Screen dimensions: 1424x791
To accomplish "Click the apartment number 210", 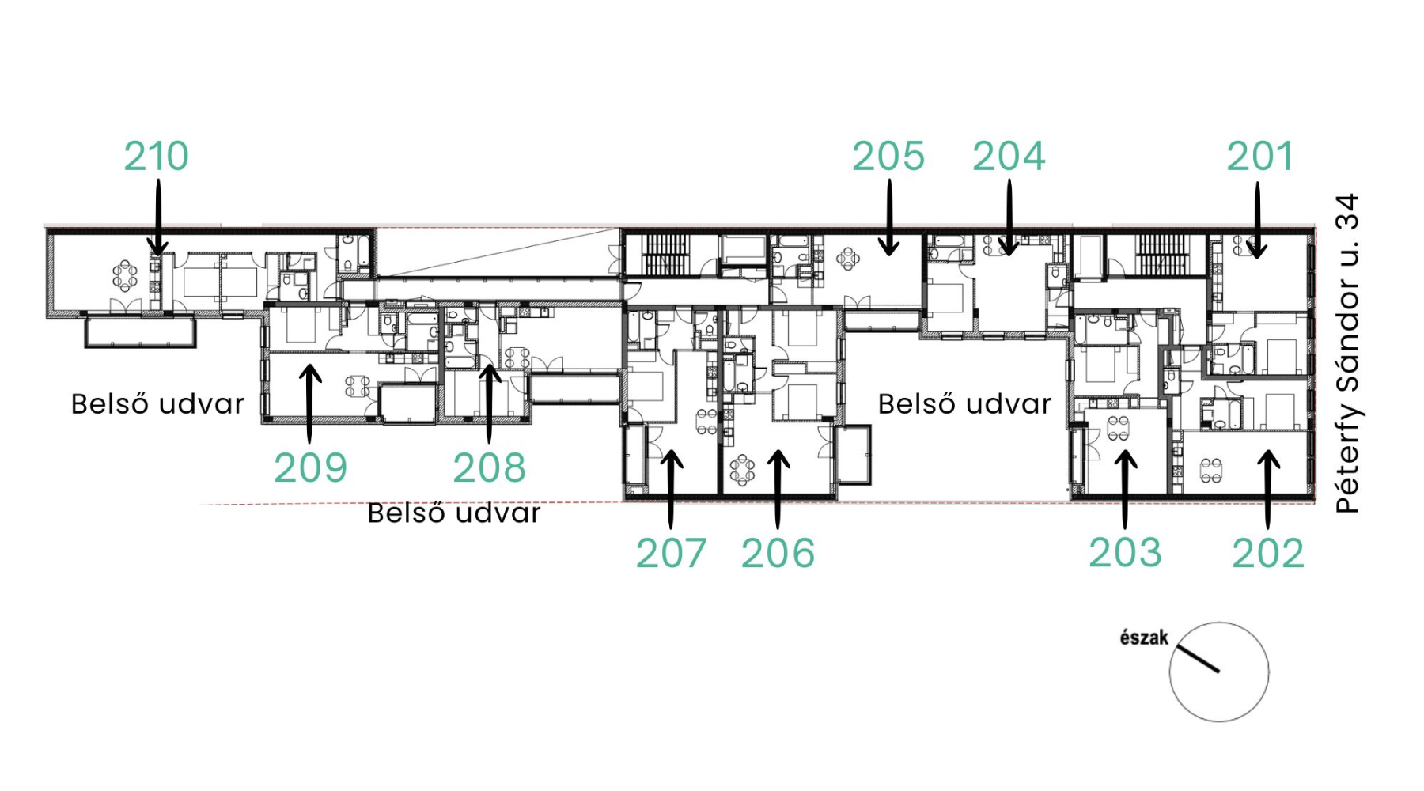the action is [x=157, y=157].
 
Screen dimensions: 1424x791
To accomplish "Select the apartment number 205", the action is [x=888, y=157].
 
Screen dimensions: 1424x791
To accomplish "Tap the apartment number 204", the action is [x=1009, y=157].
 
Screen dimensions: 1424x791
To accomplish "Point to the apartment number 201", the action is [x=1259, y=157].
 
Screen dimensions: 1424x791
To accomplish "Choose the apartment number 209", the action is [x=311, y=468].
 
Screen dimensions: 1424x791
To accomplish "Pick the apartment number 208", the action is [x=490, y=468].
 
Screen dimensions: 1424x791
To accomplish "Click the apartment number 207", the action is [x=671, y=554].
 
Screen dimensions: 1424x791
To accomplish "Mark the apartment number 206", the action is [x=778, y=554].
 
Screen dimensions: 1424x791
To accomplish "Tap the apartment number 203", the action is [x=1125, y=553].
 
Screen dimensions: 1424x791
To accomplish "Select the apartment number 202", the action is [x=1267, y=554].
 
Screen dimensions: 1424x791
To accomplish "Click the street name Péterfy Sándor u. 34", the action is [x=1346, y=354].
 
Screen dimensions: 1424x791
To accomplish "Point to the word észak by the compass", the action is [x=1144, y=638].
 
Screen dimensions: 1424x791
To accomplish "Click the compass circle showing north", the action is [x=1170, y=672].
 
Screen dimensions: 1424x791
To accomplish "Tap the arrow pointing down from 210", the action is [x=158, y=218].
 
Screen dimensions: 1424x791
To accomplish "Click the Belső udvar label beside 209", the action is [x=157, y=404].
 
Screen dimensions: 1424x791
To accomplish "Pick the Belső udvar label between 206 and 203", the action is [x=964, y=404].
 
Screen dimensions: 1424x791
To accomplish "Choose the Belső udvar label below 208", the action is [x=454, y=513].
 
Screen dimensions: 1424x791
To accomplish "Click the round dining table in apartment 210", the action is [x=124, y=276].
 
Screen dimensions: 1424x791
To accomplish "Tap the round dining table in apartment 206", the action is [x=742, y=471].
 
